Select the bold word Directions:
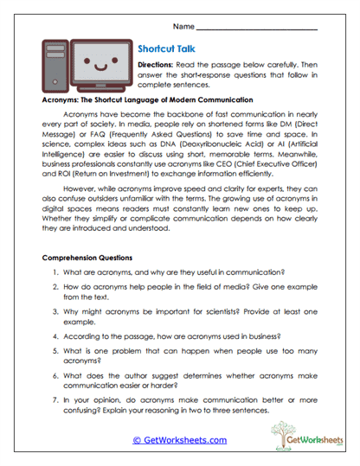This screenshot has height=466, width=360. point(158,66)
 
